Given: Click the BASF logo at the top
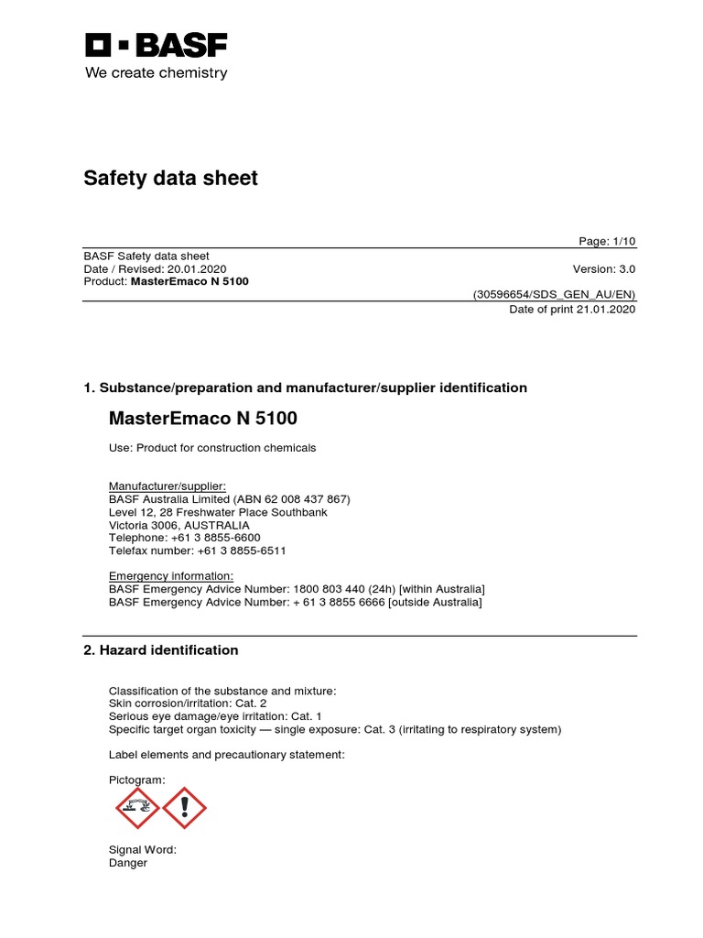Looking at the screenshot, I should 157,46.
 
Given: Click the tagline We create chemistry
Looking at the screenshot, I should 157,73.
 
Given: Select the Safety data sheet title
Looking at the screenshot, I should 171,178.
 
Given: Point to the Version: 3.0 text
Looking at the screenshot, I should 603,269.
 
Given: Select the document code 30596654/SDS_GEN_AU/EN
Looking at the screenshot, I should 554,294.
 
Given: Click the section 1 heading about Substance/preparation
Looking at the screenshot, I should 305,388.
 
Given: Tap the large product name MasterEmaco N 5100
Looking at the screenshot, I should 203,419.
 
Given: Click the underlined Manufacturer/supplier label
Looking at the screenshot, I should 167,485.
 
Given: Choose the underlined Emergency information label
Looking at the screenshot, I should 171,575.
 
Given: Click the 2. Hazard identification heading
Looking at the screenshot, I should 161,650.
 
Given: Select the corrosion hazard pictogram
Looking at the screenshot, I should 137,807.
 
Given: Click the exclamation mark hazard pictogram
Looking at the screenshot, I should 185,807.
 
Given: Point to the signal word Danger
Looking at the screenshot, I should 128,863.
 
